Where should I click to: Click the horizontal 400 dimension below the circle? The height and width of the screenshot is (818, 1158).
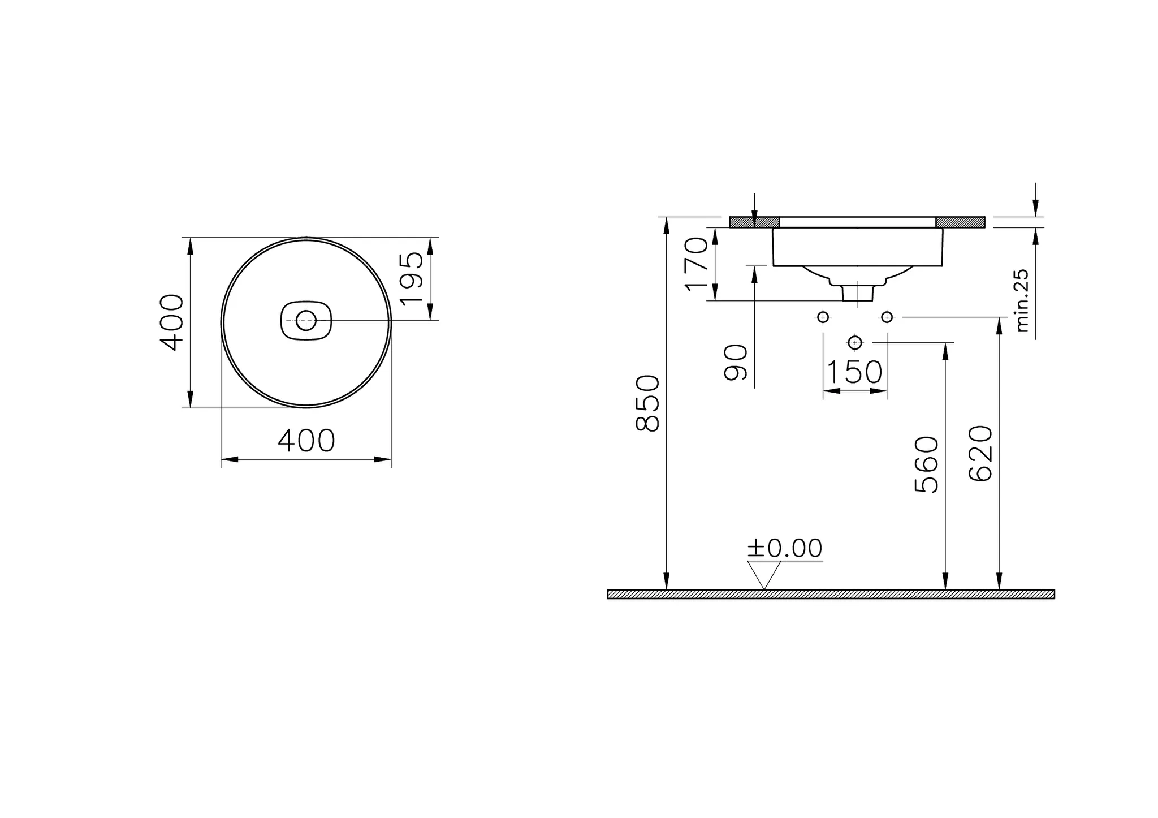pos(306,441)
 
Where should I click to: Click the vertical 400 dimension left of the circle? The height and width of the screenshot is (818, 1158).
pos(171,322)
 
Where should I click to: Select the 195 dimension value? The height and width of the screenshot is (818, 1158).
pos(412,278)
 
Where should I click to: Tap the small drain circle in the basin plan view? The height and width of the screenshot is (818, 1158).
pos(306,321)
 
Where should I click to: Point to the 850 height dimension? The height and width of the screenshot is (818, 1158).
pos(648,403)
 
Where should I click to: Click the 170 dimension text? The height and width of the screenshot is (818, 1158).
pos(696,264)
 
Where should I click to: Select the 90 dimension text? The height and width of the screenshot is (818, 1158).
pos(736,362)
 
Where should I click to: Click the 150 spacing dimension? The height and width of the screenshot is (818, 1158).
pos(854,372)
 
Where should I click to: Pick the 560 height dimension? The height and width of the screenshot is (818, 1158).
pos(926,464)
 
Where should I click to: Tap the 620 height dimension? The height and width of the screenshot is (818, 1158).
pos(980,454)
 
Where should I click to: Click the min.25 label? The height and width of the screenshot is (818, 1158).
pos(1022,300)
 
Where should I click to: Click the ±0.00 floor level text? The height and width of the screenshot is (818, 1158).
pos(785,548)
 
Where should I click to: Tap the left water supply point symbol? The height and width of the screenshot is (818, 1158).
pos(823,317)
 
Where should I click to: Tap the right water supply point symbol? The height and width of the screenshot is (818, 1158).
pos(887,317)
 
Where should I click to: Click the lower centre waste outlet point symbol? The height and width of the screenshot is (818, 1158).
pos(854,342)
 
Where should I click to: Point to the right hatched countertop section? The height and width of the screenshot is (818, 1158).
pos(960,222)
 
